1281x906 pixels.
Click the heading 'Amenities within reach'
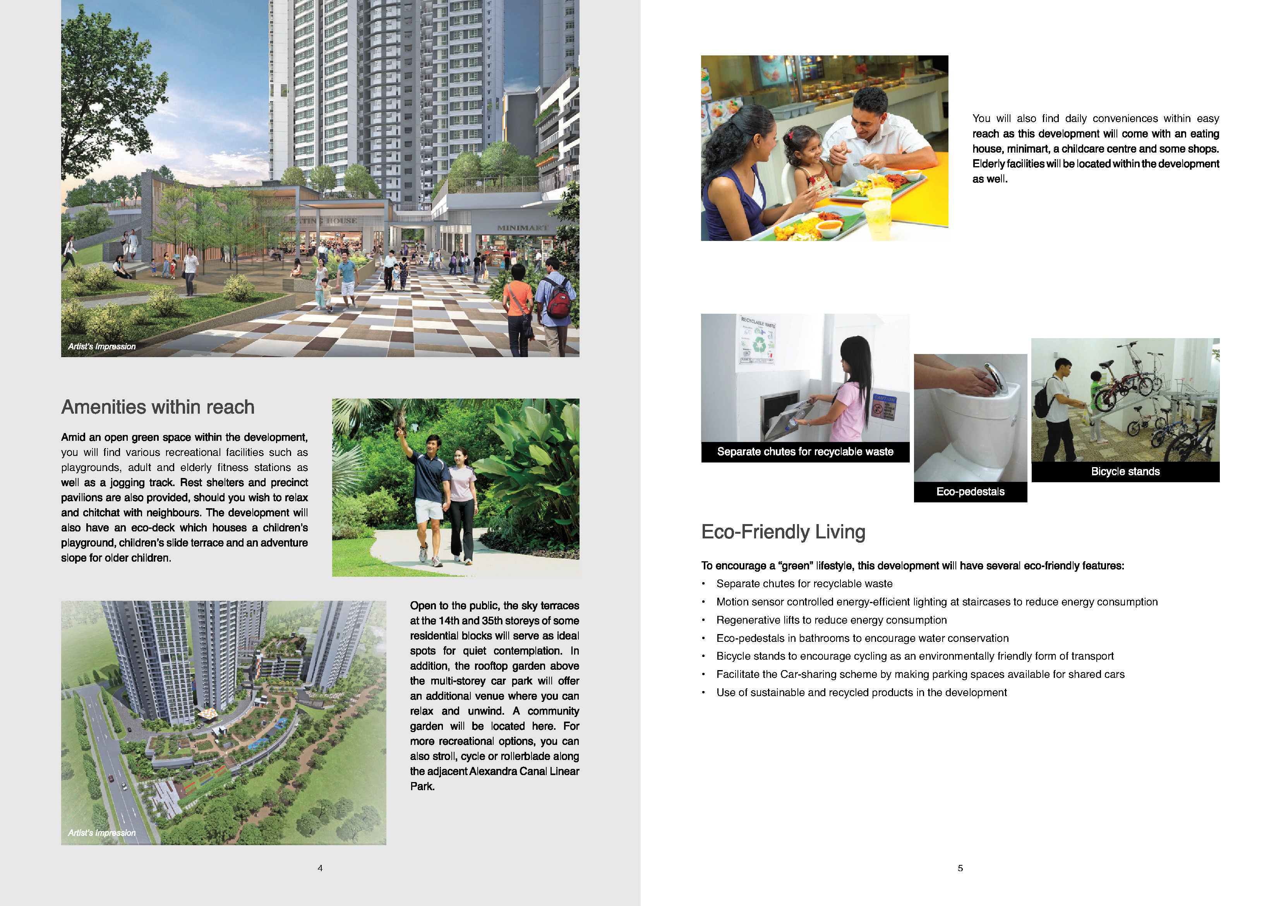[158, 407]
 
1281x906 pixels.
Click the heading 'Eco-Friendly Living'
[783, 531]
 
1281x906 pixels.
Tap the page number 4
[320, 868]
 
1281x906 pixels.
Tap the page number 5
[960, 868]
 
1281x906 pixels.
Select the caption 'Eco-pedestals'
[970, 492]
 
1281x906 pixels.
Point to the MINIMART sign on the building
[522, 228]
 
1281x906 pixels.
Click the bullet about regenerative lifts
[831, 620]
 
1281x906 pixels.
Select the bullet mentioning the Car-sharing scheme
[920, 674]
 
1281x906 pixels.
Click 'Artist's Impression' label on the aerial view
[101, 833]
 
